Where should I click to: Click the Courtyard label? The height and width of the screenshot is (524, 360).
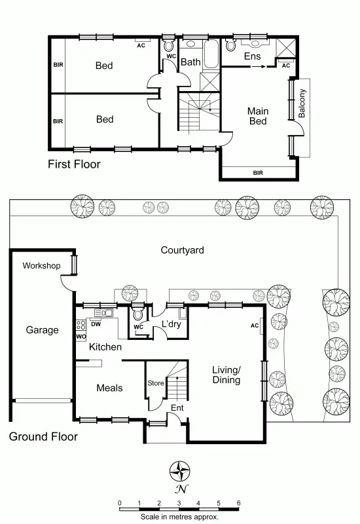[x=183, y=250]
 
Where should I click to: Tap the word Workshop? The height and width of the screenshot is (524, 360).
[x=41, y=266]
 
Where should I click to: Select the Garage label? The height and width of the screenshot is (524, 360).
[x=42, y=330]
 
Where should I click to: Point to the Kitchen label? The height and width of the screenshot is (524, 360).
[x=105, y=346]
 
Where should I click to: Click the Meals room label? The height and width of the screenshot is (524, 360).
[x=109, y=388]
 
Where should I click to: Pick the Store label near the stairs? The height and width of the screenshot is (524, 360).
[x=155, y=383]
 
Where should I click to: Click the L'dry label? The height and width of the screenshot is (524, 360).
[x=171, y=324]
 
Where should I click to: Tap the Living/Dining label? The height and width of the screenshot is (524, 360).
[x=226, y=375]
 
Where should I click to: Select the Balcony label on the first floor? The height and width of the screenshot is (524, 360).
[x=302, y=103]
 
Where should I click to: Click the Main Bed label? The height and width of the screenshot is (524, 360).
[x=258, y=116]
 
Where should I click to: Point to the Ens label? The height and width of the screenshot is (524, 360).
[x=253, y=56]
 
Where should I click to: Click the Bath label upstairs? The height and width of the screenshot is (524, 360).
[x=190, y=62]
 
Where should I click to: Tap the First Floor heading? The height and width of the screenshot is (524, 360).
[x=74, y=164]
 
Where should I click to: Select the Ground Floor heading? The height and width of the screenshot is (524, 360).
[x=43, y=436]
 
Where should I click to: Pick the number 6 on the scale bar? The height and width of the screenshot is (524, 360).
[x=239, y=503]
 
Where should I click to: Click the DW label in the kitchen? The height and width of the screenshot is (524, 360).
[x=96, y=324]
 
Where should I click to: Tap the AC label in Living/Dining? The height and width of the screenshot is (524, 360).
[x=255, y=326]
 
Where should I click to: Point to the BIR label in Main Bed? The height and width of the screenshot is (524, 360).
[x=258, y=173]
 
